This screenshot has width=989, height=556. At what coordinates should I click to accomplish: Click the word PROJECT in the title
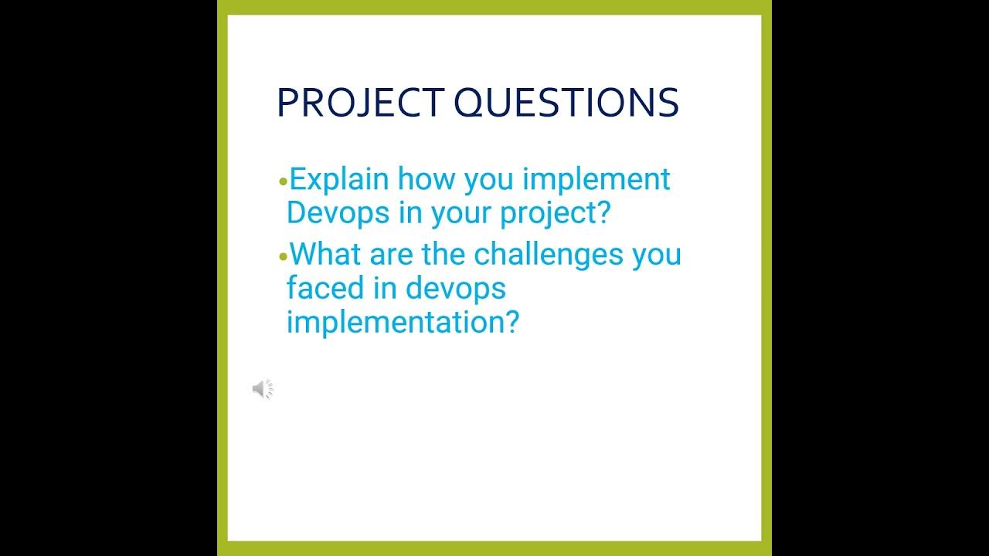359,103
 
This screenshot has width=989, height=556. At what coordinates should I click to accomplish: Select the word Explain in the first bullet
338,180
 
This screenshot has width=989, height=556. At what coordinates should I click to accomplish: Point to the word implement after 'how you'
596,180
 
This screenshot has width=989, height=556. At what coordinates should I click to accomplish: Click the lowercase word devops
456,290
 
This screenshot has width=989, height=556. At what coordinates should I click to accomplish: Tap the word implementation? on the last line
402,322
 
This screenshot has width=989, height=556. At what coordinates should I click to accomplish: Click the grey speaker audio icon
263,389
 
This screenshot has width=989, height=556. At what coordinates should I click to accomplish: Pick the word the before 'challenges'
444,254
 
